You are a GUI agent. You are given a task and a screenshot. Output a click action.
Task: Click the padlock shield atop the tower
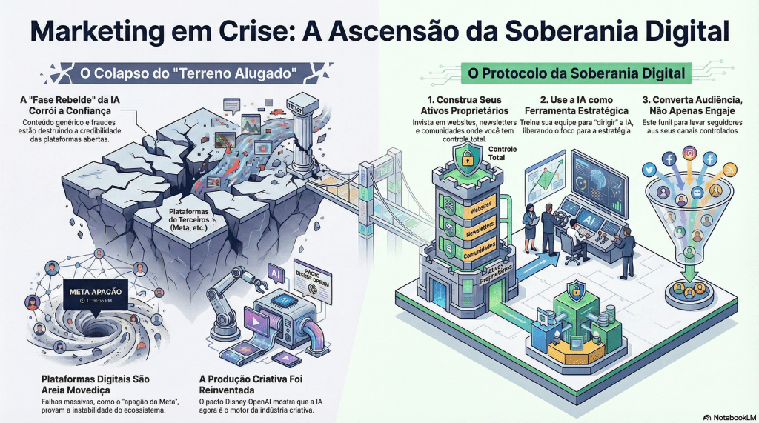click(x=467, y=159)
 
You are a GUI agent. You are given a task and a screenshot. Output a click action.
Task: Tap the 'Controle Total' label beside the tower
click(x=503, y=153)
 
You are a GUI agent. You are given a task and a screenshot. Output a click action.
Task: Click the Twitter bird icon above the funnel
click(x=650, y=170)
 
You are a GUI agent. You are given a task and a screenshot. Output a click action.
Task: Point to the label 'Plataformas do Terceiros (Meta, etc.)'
click(x=187, y=220)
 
